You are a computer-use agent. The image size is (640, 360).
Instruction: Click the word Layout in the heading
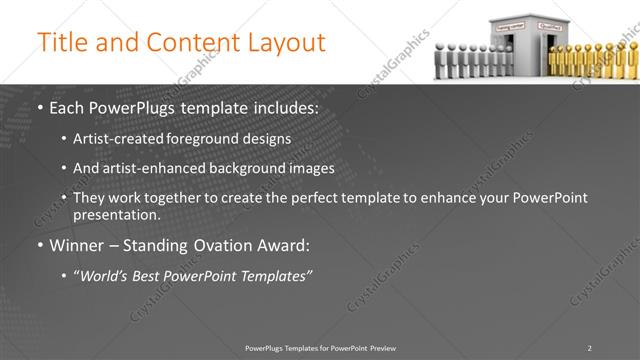(286, 43)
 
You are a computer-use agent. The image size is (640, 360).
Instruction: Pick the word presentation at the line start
(116, 215)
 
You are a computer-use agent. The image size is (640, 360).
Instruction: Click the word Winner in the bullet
(78, 245)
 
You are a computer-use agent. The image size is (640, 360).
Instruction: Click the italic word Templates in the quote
(274, 275)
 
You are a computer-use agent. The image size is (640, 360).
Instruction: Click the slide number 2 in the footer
(589, 348)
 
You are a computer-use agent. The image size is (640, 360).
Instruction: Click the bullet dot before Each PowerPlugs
(39, 108)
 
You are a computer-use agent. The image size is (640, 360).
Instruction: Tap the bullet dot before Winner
(39, 245)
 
